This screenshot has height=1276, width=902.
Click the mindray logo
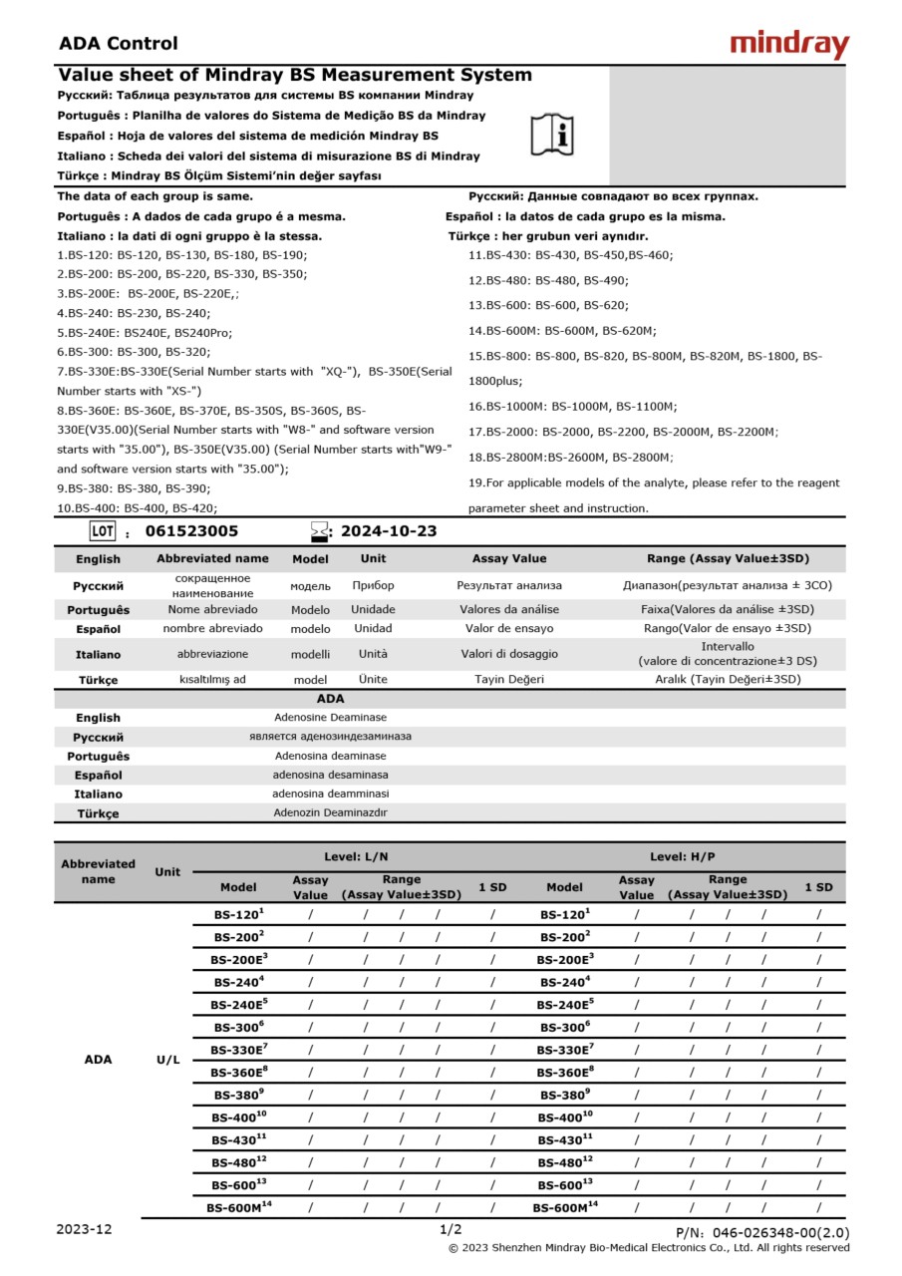pos(789,44)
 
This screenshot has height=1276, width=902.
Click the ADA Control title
pos(119,43)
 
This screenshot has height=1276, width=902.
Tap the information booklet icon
pos(552,134)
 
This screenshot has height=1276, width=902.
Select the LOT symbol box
pos(103,531)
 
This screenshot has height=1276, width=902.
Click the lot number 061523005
pos(192,531)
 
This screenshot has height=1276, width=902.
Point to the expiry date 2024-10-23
pos(389,531)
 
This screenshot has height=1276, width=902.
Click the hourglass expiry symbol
pos(319,531)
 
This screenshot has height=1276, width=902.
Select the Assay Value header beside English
pos(509,558)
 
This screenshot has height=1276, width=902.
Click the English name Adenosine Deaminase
pos(330,717)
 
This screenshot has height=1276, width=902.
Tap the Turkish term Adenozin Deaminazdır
pos(330,812)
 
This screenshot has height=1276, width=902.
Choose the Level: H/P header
pos(683,856)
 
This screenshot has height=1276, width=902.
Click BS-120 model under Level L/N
pos(238,913)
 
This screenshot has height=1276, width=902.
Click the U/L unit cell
pos(168,1060)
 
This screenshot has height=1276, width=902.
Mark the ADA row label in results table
pos(98,1060)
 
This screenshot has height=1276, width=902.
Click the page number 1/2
pos(451,1229)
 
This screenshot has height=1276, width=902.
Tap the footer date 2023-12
pos(84,1229)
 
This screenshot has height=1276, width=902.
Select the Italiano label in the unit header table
pos(98,655)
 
